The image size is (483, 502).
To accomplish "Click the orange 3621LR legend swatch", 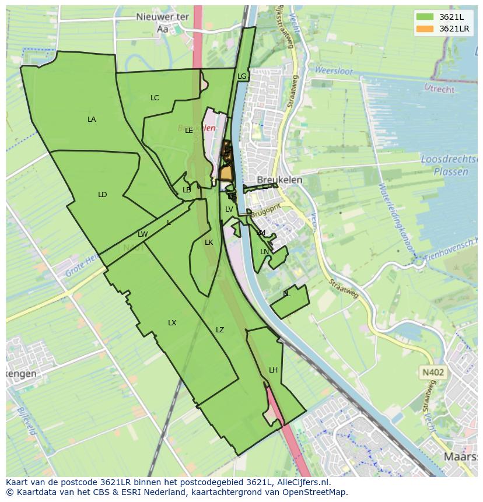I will (424, 29).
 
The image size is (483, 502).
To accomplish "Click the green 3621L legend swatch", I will (424, 16).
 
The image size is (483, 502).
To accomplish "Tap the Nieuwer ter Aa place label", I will (162, 22).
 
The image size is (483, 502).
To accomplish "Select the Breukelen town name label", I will (279, 180).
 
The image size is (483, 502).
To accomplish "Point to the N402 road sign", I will (432, 371).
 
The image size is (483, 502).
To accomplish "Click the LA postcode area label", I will (92, 120).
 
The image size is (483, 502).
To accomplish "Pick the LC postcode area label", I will (155, 98).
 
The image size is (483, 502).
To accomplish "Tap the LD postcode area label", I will (103, 195).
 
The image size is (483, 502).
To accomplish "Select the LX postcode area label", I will (172, 323).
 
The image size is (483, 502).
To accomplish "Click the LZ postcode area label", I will (220, 330).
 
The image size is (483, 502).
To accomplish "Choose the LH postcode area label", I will (273, 370).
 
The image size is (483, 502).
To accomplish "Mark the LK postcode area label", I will (209, 243).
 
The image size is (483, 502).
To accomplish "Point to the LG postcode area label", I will (242, 76).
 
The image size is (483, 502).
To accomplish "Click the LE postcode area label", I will (189, 131).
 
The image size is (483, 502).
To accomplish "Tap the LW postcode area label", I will (142, 234).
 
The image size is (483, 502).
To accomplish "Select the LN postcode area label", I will (264, 252).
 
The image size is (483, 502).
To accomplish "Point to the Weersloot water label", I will (334, 71).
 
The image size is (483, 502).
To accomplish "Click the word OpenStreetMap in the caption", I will (314, 492).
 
